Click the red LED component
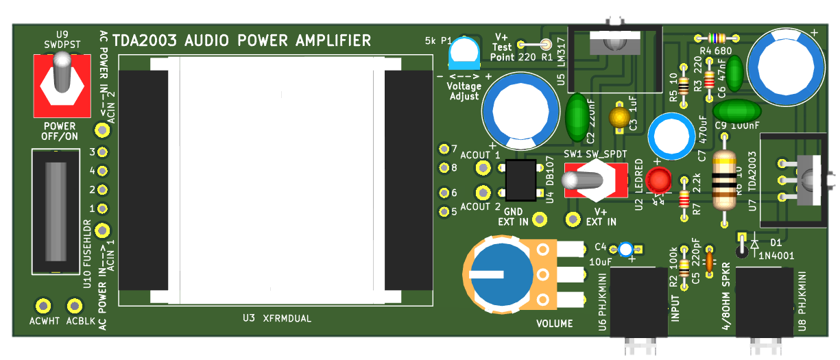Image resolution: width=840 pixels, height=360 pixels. click(660, 180)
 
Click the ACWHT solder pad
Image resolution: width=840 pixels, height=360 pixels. click(43, 305)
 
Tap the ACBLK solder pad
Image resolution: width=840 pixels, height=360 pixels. click(73, 305)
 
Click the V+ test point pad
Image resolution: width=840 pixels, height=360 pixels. click(546, 45)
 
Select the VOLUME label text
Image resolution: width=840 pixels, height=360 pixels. click(553, 323)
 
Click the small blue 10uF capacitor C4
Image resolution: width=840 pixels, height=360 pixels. click(625, 250)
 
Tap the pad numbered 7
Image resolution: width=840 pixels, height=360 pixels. click(443, 149)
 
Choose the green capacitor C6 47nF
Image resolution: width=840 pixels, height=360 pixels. click(734, 73)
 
